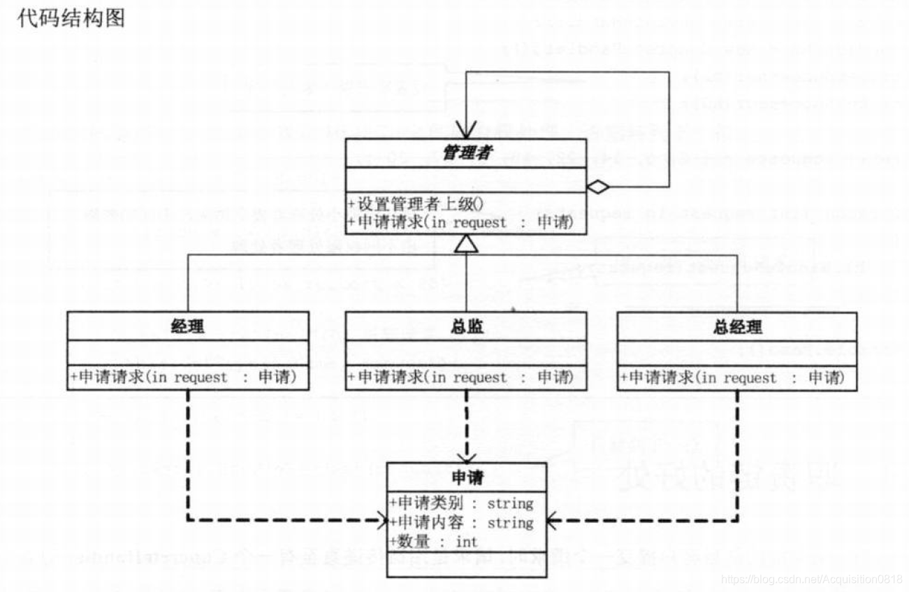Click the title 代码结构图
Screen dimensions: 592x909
(x=71, y=18)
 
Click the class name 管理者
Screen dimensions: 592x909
(x=466, y=152)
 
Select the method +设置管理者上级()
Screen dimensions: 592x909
(x=415, y=204)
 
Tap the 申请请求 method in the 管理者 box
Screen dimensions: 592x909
(x=460, y=222)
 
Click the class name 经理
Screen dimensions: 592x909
(x=187, y=326)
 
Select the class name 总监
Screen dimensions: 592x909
(x=466, y=326)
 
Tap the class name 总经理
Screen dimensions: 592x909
(x=738, y=326)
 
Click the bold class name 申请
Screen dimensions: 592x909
(x=467, y=477)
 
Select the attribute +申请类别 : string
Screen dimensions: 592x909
(x=462, y=503)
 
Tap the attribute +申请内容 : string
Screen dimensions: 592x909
(x=462, y=523)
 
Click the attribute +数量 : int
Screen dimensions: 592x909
(x=434, y=542)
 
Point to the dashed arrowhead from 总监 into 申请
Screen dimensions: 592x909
(x=466, y=455)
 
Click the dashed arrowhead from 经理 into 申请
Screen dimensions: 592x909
(x=381, y=520)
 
